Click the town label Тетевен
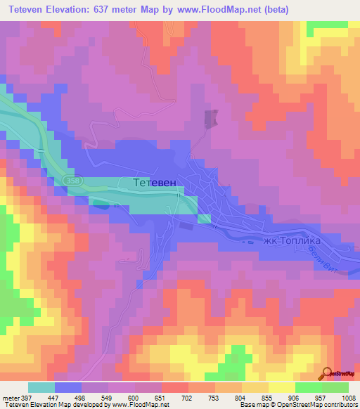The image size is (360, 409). coord(157,183)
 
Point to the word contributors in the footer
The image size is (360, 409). coord(340,405)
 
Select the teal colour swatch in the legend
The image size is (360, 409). coord(41,387)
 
